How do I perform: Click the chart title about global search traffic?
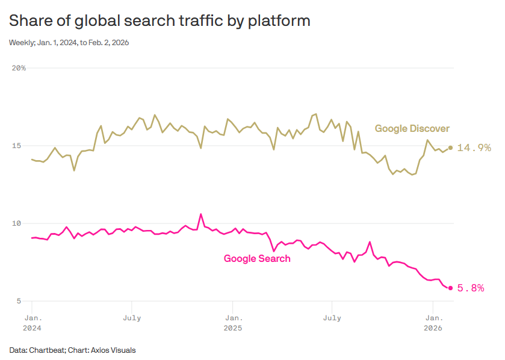tap(160, 21)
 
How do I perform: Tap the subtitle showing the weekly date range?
tap(69, 43)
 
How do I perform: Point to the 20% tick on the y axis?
tap(19, 68)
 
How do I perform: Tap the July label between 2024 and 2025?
tap(132, 317)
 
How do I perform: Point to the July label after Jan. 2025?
tap(332, 317)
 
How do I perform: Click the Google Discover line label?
tap(412, 129)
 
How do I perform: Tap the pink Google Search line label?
tap(257, 259)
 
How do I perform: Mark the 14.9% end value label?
tap(474, 147)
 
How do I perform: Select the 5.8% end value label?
tap(471, 288)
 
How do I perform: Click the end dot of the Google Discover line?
tap(450, 147)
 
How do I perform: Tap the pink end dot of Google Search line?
tap(450, 288)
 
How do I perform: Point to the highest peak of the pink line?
tap(201, 214)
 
